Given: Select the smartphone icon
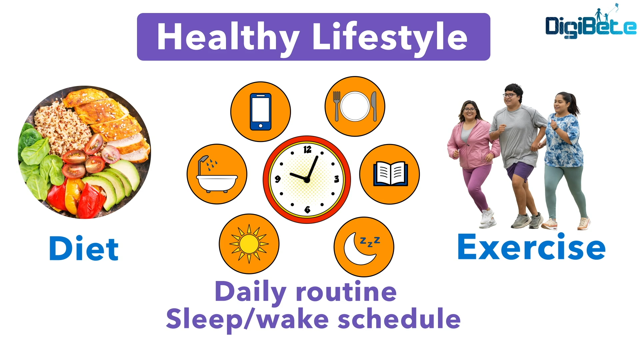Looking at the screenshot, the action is pyautogui.click(x=261, y=112).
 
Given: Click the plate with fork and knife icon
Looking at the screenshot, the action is pyautogui.click(x=355, y=106).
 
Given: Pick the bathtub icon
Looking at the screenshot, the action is pyautogui.click(x=217, y=174).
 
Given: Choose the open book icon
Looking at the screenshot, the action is pyautogui.click(x=390, y=174).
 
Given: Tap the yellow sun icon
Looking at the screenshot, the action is pyautogui.click(x=249, y=244).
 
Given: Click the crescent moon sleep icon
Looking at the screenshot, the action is pyautogui.click(x=364, y=247).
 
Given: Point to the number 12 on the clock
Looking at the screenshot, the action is pyautogui.click(x=307, y=149).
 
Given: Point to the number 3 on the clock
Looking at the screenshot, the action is pyautogui.click(x=336, y=179).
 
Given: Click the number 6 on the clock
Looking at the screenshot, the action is pyautogui.click(x=307, y=209).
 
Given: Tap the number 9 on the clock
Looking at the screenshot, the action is pyautogui.click(x=278, y=179).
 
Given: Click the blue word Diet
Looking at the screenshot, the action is pyautogui.click(x=84, y=248).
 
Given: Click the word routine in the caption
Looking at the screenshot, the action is pyautogui.click(x=346, y=291).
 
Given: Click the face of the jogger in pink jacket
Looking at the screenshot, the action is pyautogui.click(x=470, y=111).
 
